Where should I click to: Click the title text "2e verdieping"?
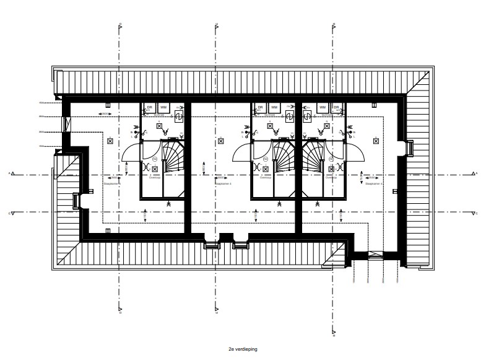pos(243,349)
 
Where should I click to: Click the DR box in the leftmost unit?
pos(149,108)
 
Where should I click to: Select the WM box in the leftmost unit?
pos(163,108)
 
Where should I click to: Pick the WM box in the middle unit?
pos(273,108)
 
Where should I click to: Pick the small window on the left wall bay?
pos(76,200)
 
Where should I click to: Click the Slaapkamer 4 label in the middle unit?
pos(222,184)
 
